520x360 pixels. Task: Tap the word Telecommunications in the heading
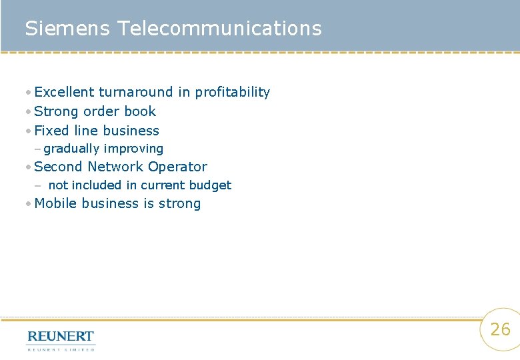(x=219, y=29)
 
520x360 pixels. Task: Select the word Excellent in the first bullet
(x=64, y=92)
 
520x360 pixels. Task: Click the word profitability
(x=232, y=92)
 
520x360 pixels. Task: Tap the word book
(x=140, y=111)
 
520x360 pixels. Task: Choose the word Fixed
(x=51, y=131)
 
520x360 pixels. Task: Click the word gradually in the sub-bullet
(x=71, y=149)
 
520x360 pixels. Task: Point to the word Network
(x=115, y=167)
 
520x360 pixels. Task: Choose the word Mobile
(x=55, y=203)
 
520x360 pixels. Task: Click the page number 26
(x=500, y=329)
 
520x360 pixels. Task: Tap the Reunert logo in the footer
(x=61, y=339)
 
